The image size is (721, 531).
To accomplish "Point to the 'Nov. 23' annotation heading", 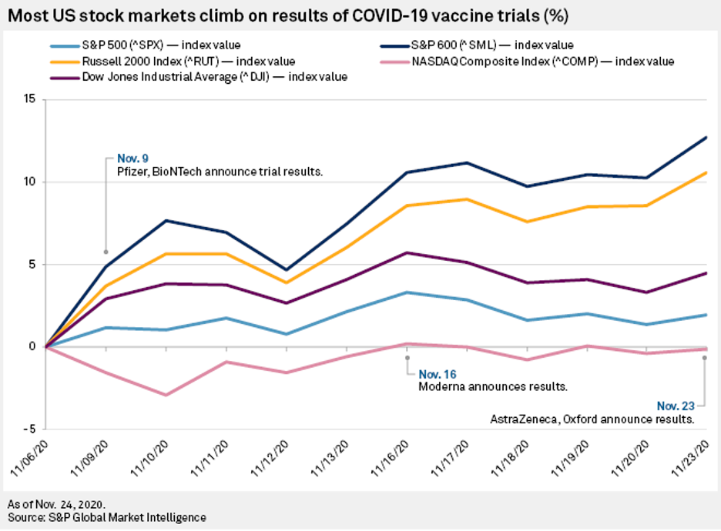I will (676, 405).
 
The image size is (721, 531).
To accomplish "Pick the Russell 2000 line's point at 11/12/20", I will (287, 282).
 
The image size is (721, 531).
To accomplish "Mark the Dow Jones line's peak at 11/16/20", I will (407, 252).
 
